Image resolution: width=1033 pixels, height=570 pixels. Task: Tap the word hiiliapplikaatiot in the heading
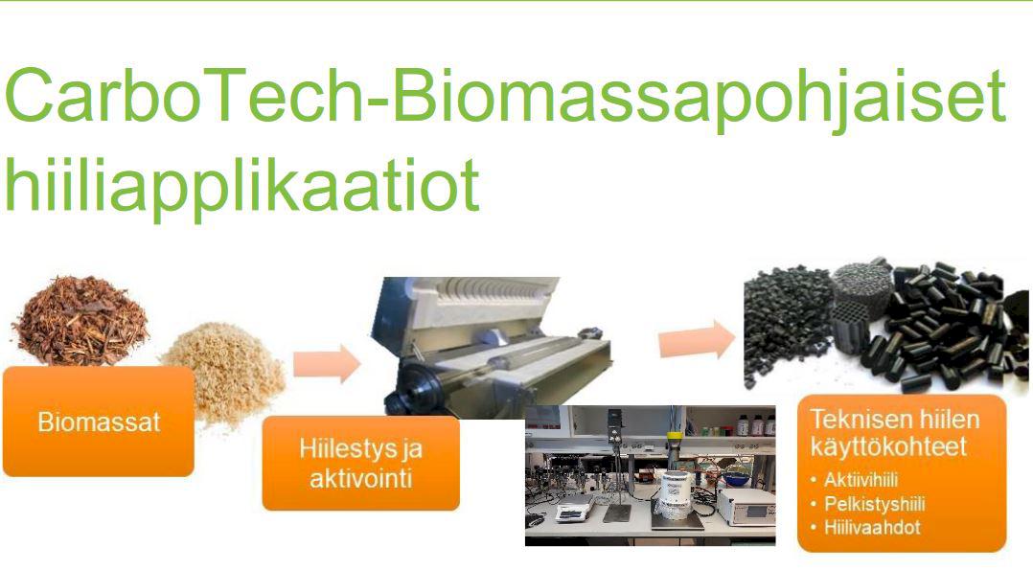(241, 185)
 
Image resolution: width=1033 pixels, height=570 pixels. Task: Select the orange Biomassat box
(99, 422)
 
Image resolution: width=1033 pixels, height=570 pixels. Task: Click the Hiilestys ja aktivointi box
(361, 464)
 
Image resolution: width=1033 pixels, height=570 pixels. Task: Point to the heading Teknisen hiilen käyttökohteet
(895, 432)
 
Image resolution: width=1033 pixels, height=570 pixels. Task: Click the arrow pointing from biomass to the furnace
(327, 363)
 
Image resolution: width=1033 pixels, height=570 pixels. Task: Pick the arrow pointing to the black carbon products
(697, 339)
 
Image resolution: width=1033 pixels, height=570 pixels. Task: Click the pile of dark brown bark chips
(80, 321)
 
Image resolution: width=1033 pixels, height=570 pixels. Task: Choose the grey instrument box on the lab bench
(746, 506)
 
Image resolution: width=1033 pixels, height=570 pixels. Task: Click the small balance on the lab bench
(575, 512)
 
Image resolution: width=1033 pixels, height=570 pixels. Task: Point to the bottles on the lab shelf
(756, 424)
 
